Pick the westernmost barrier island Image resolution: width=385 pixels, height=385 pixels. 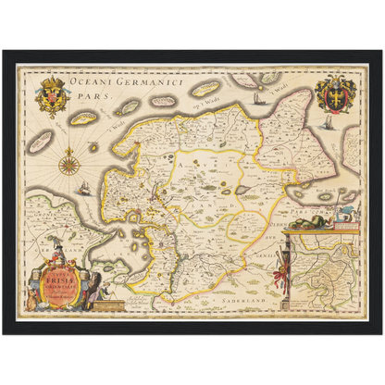click(40, 142)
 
